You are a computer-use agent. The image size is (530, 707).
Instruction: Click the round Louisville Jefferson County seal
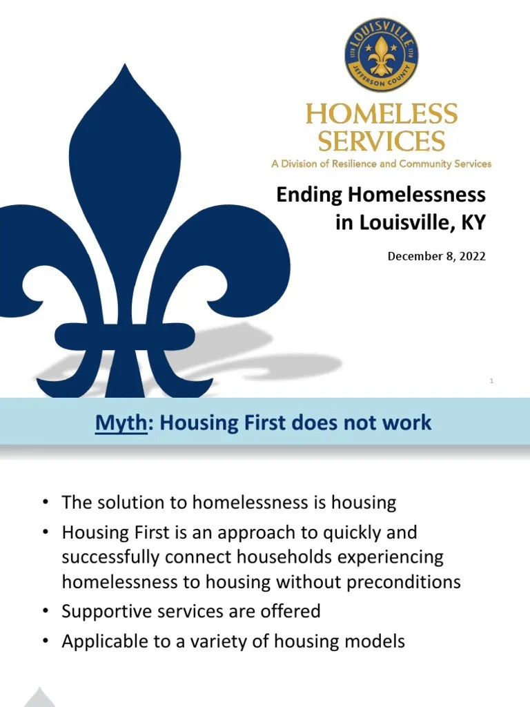pos(381,55)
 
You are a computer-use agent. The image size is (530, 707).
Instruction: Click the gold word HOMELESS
pos(381,114)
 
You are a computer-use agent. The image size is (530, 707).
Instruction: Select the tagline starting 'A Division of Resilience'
pos(381,164)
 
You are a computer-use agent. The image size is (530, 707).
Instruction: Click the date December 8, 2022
pos(436,256)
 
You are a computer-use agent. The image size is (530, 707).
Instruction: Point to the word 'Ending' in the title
pos(309,195)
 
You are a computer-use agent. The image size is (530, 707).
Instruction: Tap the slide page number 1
pos(491,380)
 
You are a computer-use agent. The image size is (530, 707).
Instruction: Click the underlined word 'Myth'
pos(121,422)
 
